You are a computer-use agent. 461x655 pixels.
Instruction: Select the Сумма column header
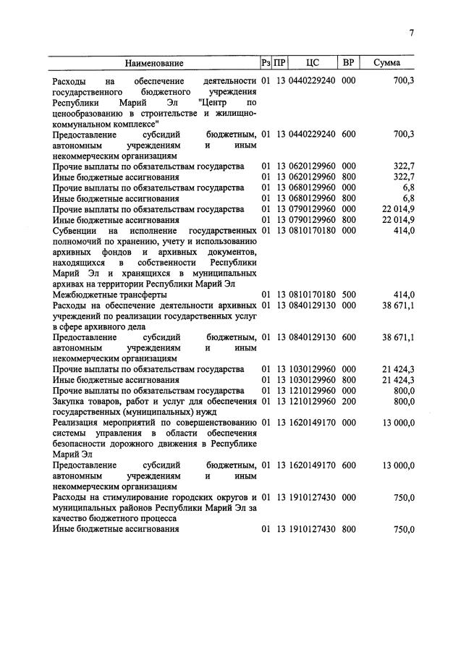click(387, 64)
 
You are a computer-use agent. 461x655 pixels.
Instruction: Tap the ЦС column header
click(313, 64)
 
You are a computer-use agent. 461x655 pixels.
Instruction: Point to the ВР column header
click(348, 64)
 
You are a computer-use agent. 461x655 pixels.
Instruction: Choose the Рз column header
click(265, 64)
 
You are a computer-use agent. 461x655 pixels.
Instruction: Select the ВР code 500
click(348, 295)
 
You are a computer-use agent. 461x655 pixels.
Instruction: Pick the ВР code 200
click(348, 402)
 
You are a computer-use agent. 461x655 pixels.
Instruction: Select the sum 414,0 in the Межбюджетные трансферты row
click(402, 295)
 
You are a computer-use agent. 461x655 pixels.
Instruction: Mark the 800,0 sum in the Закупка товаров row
click(402, 402)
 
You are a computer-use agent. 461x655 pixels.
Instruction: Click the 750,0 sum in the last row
click(402, 529)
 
